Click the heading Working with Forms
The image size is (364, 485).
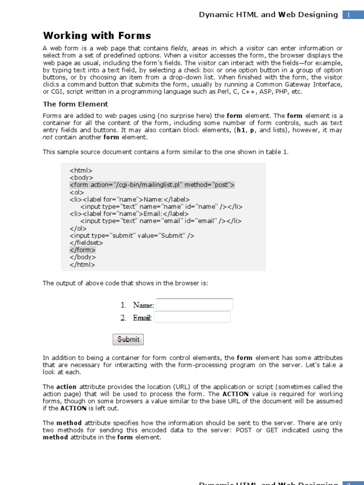(97, 36)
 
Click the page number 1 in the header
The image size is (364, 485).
(348, 15)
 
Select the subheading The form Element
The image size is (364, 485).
(75, 104)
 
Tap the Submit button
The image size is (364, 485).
(128, 339)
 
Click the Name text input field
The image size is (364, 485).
(194, 305)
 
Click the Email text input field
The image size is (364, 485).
(192, 317)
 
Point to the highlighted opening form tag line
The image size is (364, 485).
(152, 185)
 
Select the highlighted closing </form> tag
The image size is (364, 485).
(82, 250)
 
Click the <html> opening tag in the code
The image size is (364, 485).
(81, 170)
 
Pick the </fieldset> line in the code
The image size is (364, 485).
(86, 242)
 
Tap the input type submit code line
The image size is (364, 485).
(132, 235)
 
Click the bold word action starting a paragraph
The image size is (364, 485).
(66, 387)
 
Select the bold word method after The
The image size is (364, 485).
(69, 423)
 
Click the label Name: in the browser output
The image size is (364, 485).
(144, 305)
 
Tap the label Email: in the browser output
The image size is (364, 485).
(142, 318)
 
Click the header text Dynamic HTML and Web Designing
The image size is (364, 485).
(268, 15)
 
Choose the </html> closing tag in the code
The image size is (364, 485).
(82, 265)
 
